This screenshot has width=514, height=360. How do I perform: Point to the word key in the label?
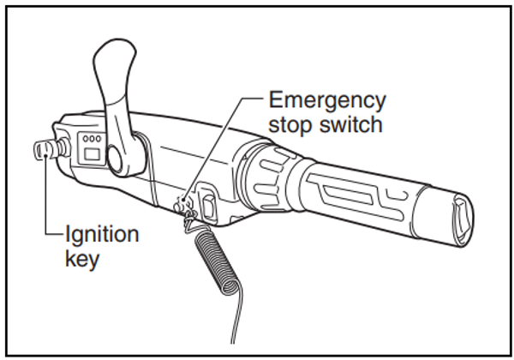pos(82,258)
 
